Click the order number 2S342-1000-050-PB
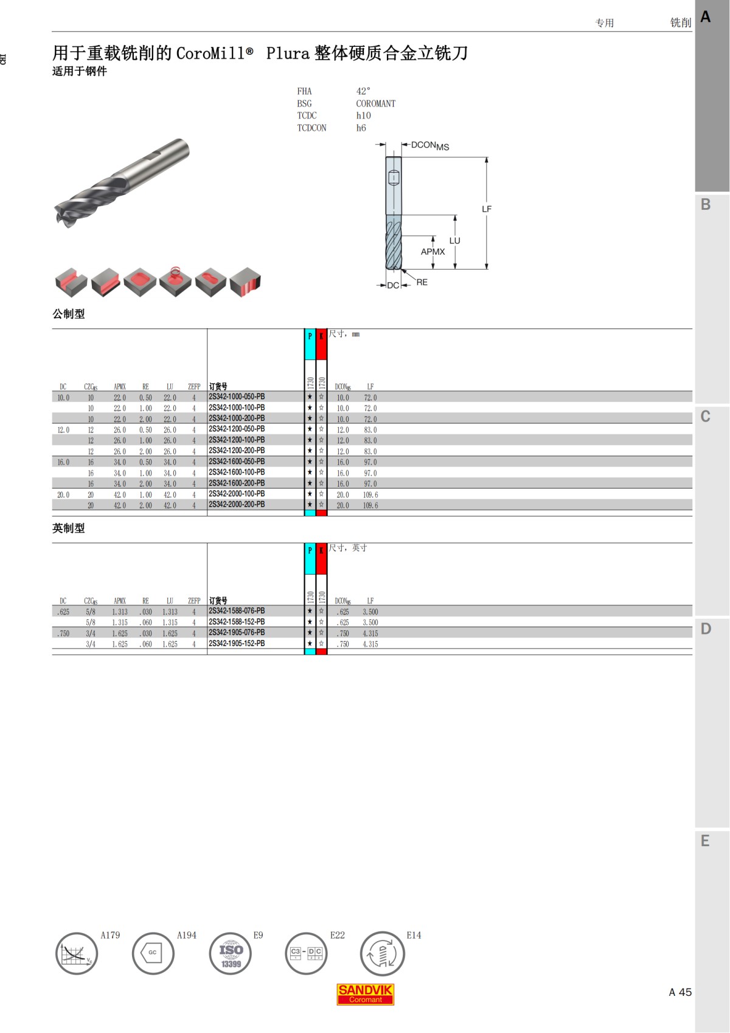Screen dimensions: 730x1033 [x=237, y=397]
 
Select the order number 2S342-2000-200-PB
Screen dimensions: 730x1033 [x=237, y=504]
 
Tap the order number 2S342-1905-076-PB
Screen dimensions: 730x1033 [x=237, y=632]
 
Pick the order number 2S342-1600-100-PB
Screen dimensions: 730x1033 [x=237, y=472]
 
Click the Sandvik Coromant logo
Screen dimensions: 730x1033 [x=365, y=994]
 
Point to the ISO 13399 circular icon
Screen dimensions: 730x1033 [x=231, y=953]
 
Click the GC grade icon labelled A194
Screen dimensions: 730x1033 [x=153, y=953]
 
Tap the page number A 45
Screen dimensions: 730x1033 [x=680, y=992]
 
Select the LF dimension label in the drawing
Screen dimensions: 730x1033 [x=487, y=209]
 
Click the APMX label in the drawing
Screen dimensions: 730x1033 [x=433, y=252]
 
